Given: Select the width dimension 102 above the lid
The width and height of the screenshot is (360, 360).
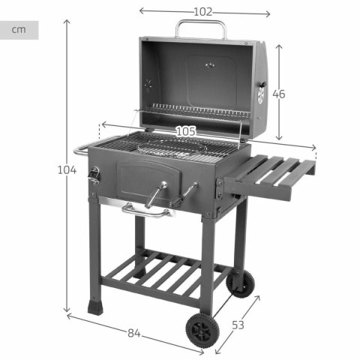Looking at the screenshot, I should tap(202, 12).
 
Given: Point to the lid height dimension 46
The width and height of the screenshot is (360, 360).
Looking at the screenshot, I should tap(279, 94).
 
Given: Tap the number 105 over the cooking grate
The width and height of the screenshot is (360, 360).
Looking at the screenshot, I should tap(186, 131).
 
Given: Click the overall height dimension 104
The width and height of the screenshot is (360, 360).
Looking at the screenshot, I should tap(67, 169).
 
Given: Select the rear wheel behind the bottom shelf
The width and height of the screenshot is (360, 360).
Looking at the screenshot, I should tap(241, 283).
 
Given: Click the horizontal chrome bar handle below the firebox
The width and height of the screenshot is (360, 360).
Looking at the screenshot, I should tap(146, 211).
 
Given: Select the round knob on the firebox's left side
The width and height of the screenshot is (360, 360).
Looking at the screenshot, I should tap(94, 176).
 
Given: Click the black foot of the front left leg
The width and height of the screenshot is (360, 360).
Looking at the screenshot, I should tap(95, 307).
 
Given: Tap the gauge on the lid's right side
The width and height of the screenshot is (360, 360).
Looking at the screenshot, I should tap(261, 94).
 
